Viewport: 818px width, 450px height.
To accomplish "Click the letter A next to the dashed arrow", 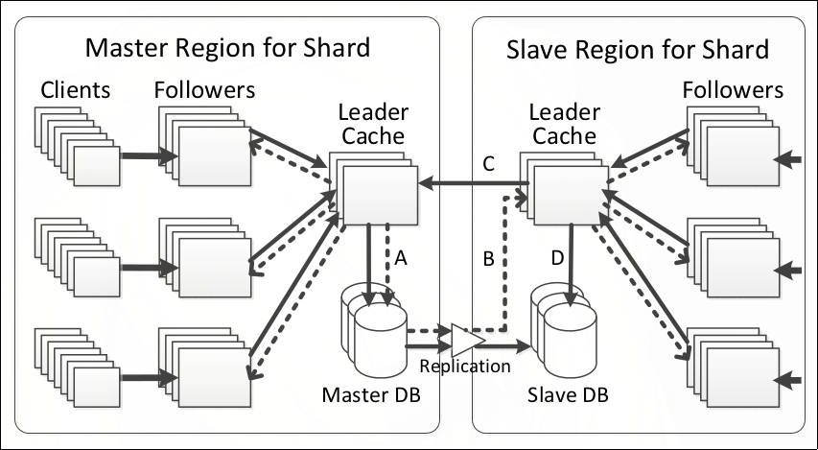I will click(x=402, y=256).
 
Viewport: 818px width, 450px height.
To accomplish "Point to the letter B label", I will click(x=487, y=259).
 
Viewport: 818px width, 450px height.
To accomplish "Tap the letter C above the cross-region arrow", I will click(x=488, y=164).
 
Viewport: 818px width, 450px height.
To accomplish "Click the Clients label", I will click(x=76, y=91).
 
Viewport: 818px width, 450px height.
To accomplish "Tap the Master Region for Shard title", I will click(x=227, y=48).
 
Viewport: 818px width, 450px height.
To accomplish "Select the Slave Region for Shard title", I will click(x=637, y=48).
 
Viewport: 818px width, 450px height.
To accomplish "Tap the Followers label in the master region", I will click(x=204, y=91).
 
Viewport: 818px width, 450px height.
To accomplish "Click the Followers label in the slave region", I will click(x=733, y=91).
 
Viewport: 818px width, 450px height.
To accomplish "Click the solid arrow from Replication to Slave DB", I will click(x=509, y=345).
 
